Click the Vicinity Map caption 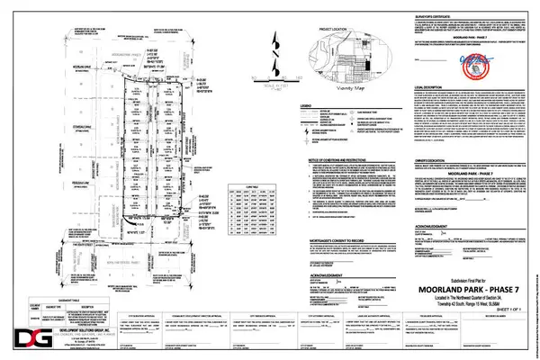(340, 88)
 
